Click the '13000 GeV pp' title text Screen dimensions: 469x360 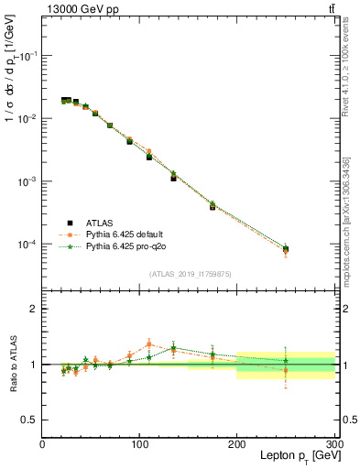coord(80,8)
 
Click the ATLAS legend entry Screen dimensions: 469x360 coord(99,222)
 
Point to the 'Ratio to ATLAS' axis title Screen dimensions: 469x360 coord(11,365)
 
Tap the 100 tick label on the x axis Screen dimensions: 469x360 coord(139,442)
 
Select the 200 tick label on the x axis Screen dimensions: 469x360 coord(236,442)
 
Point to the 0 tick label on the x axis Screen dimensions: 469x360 coord(42,442)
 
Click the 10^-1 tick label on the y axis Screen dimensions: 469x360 coord(26,56)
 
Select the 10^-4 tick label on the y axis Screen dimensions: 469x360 coord(26,245)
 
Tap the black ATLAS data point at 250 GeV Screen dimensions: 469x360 coord(286,249)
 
